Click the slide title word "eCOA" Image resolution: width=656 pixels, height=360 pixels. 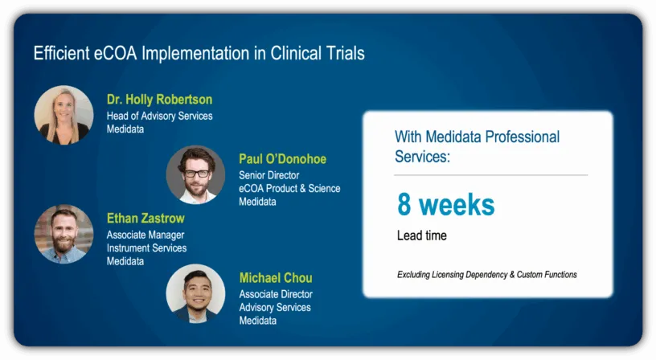[115, 54]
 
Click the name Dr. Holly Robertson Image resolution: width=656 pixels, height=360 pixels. [159, 100]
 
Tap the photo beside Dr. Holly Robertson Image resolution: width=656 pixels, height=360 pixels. [64, 115]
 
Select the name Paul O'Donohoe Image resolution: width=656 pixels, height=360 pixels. [282, 159]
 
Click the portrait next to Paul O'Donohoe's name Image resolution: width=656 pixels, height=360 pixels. [195, 174]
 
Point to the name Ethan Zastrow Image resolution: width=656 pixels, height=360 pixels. [146, 219]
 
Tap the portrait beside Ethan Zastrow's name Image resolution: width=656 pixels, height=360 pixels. [64, 234]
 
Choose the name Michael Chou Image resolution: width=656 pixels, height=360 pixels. [276, 278]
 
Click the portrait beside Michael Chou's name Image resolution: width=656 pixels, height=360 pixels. [195, 293]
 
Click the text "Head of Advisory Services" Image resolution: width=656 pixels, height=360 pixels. [159, 116]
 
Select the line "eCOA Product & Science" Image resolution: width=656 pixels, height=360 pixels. [289, 189]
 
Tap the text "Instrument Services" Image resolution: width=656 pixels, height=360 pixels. [146, 248]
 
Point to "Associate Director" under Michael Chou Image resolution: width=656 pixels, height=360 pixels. [276, 294]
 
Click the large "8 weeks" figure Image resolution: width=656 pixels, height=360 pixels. [446, 204]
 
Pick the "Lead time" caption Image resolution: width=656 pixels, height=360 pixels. [422, 235]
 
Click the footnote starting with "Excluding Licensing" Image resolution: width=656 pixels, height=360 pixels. [487, 275]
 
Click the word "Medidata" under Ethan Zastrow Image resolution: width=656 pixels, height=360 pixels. [125, 261]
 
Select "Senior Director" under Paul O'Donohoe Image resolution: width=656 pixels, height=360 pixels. [269, 175]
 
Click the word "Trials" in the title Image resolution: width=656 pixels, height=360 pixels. [344, 54]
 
